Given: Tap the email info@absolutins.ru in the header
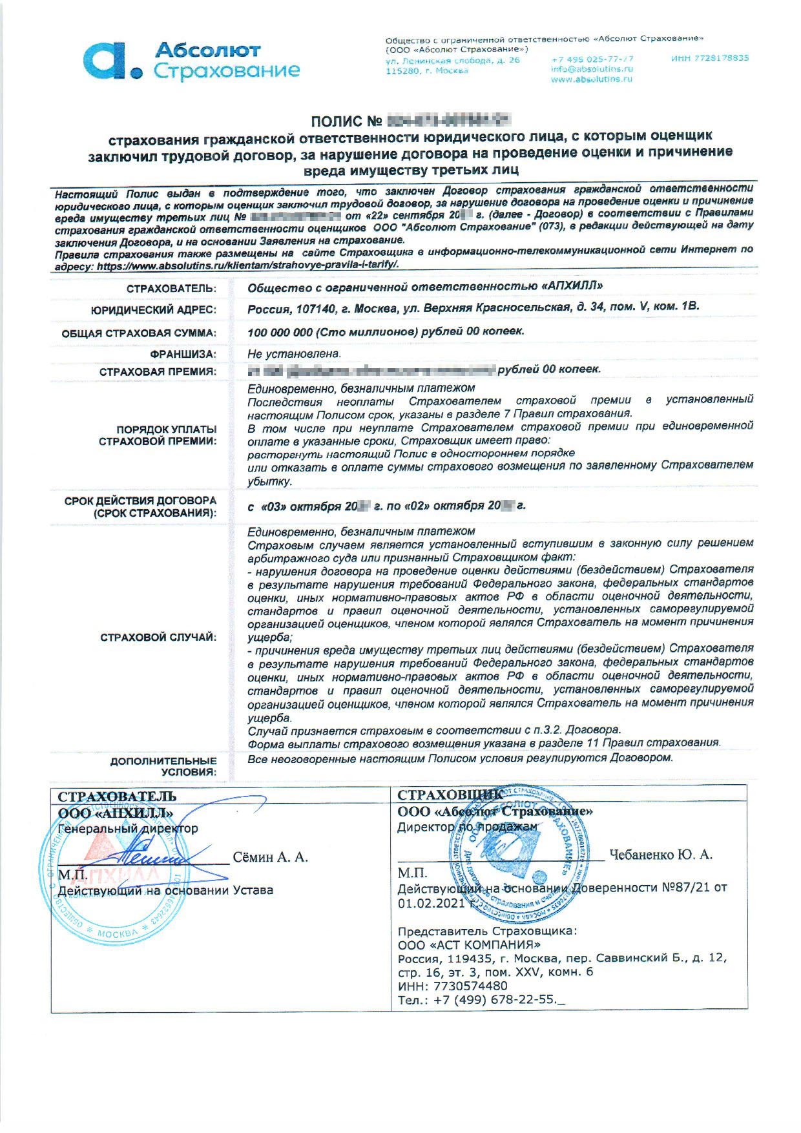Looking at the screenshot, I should pyautogui.click(x=591, y=68).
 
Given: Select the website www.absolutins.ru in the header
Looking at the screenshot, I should pyautogui.click(x=591, y=79).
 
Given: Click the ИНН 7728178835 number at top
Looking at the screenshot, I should pyautogui.click(x=709, y=58).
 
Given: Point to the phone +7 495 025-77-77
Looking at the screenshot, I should pyautogui.click(x=592, y=58).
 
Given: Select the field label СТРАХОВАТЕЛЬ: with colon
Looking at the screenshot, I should pyautogui.click(x=171, y=288).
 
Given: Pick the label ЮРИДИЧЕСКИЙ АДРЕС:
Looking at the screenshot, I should pyautogui.click(x=153, y=310).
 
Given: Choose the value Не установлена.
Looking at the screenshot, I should pyautogui.click(x=294, y=354).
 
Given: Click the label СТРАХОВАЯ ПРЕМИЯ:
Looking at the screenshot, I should pyautogui.click(x=158, y=371).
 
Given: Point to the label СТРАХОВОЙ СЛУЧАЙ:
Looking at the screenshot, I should pyautogui.click(x=158, y=638).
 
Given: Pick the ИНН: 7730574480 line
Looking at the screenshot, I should pyautogui.click(x=452, y=986).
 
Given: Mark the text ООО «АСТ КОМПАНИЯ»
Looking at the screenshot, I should pyautogui.click(x=464, y=944).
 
